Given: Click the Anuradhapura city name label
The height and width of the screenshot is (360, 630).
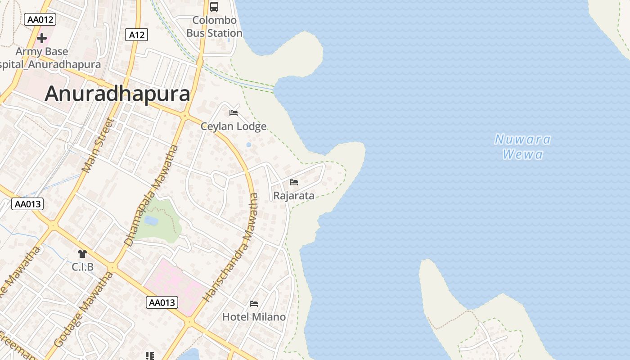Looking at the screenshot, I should [117, 94].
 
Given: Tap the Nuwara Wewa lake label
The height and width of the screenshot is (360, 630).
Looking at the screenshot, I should [522, 147].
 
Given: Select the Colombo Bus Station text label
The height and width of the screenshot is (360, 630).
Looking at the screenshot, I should [214, 27].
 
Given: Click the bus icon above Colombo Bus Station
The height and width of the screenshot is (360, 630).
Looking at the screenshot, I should [214, 7].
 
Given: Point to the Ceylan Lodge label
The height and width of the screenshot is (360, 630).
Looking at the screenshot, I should [234, 126].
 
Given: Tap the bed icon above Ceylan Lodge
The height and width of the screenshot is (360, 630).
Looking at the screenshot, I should [234, 112].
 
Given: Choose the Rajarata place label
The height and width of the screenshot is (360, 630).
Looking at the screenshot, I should [294, 196].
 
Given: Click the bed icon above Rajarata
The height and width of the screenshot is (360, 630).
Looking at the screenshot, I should [294, 182].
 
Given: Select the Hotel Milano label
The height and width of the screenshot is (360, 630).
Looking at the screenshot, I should [254, 317].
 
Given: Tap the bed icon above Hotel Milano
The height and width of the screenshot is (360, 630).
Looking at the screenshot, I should [254, 303].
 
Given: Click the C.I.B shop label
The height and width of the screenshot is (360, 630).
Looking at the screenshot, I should [83, 267].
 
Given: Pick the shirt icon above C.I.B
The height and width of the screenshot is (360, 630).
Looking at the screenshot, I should [82, 254].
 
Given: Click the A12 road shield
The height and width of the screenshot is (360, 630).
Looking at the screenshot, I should [136, 35].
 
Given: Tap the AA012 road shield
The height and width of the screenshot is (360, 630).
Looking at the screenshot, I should [40, 19].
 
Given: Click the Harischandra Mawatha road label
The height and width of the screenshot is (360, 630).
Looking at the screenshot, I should [231, 247].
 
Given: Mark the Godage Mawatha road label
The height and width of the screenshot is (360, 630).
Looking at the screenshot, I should [84, 310].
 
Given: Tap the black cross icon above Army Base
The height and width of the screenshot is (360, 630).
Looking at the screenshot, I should [42, 38].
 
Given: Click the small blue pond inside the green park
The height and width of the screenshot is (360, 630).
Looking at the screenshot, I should [151, 220].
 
